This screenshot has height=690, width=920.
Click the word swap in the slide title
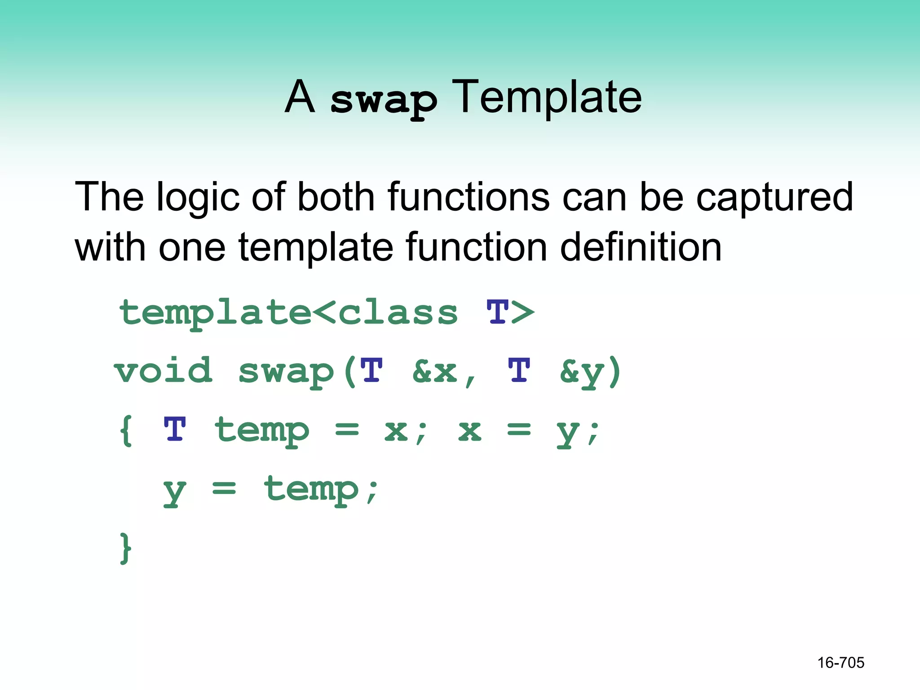coord(383,100)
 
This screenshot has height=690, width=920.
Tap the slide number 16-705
coord(840,663)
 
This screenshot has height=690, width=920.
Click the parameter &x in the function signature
coord(434,372)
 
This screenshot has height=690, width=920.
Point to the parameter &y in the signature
coord(582,372)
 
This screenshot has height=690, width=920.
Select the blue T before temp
coord(174,429)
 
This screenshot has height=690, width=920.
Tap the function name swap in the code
coord(286,372)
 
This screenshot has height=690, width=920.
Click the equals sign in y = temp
coord(224,488)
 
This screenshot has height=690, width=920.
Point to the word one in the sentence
coord(192,248)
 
